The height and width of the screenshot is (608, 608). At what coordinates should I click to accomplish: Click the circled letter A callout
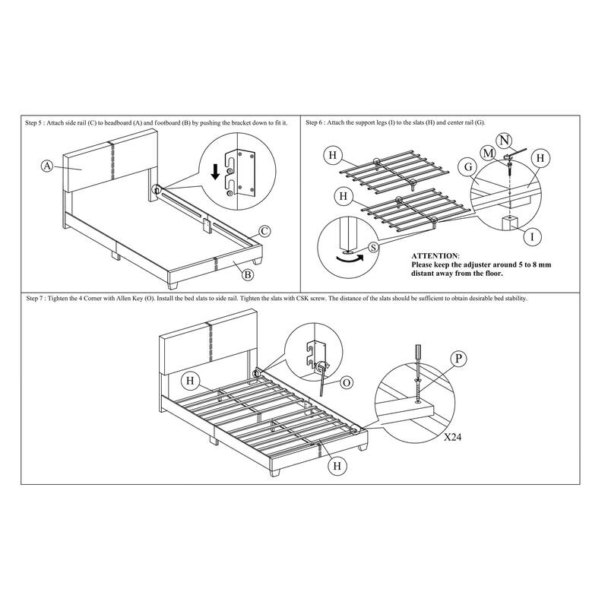(x=47, y=166)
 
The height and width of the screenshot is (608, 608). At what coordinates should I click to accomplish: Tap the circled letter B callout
(x=248, y=274)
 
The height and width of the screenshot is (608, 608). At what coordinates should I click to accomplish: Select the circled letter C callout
(x=264, y=232)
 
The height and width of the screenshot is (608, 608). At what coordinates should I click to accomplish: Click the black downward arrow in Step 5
(x=216, y=172)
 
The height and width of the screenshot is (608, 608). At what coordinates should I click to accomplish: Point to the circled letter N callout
(x=504, y=141)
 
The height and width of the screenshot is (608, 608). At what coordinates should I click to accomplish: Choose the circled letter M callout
(x=488, y=154)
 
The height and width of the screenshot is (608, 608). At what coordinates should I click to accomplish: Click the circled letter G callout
(x=468, y=167)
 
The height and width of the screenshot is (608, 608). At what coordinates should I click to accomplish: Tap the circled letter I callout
(x=532, y=236)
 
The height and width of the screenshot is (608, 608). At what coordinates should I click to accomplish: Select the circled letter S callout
(x=373, y=247)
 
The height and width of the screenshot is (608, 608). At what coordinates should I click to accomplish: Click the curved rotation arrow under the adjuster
(x=350, y=259)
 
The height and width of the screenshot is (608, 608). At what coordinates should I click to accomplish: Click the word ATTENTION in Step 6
(x=435, y=256)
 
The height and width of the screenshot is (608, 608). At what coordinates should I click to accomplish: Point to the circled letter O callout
(x=346, y=383)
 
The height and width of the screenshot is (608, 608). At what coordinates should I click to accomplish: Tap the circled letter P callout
(x=458, y=359)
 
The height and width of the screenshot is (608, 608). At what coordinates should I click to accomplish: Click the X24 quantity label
(x=452, y=438)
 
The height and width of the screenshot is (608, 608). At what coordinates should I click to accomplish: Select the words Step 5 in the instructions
(x=33, y=123)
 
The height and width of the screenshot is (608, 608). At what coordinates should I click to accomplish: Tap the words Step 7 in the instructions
(x=34, y=299)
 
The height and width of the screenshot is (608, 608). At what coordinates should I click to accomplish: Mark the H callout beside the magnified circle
(x=540, y=158)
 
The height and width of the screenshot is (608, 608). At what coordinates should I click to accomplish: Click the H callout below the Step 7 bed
(x=337, y=466)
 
